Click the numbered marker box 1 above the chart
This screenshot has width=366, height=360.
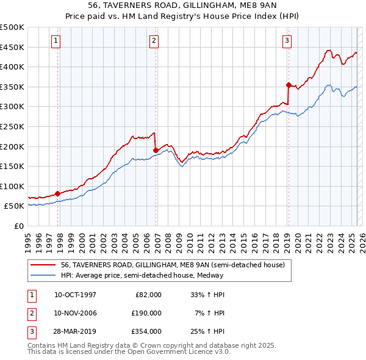tap(56, 41)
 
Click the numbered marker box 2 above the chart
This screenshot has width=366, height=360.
tap(154, 41)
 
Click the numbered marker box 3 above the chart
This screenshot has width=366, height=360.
tap(287, 41)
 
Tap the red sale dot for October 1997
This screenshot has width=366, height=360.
tap(58, 193)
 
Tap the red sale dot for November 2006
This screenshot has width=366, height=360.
tap(156, 150)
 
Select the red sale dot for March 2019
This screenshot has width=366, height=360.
tap(289, 85)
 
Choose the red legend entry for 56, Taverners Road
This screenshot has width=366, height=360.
tap(173, 265)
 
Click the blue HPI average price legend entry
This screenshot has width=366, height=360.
tap(142, 275)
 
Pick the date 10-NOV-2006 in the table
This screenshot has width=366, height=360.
tap(75, 312)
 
